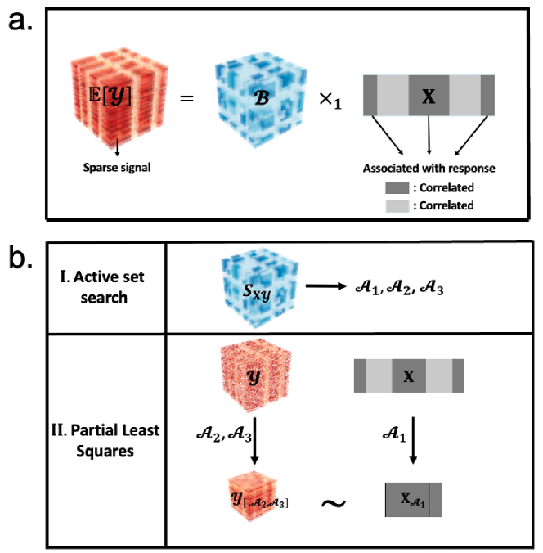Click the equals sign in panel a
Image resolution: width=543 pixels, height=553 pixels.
186,100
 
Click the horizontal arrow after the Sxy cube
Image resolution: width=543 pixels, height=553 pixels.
333,287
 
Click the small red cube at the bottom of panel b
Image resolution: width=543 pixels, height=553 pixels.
251,497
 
